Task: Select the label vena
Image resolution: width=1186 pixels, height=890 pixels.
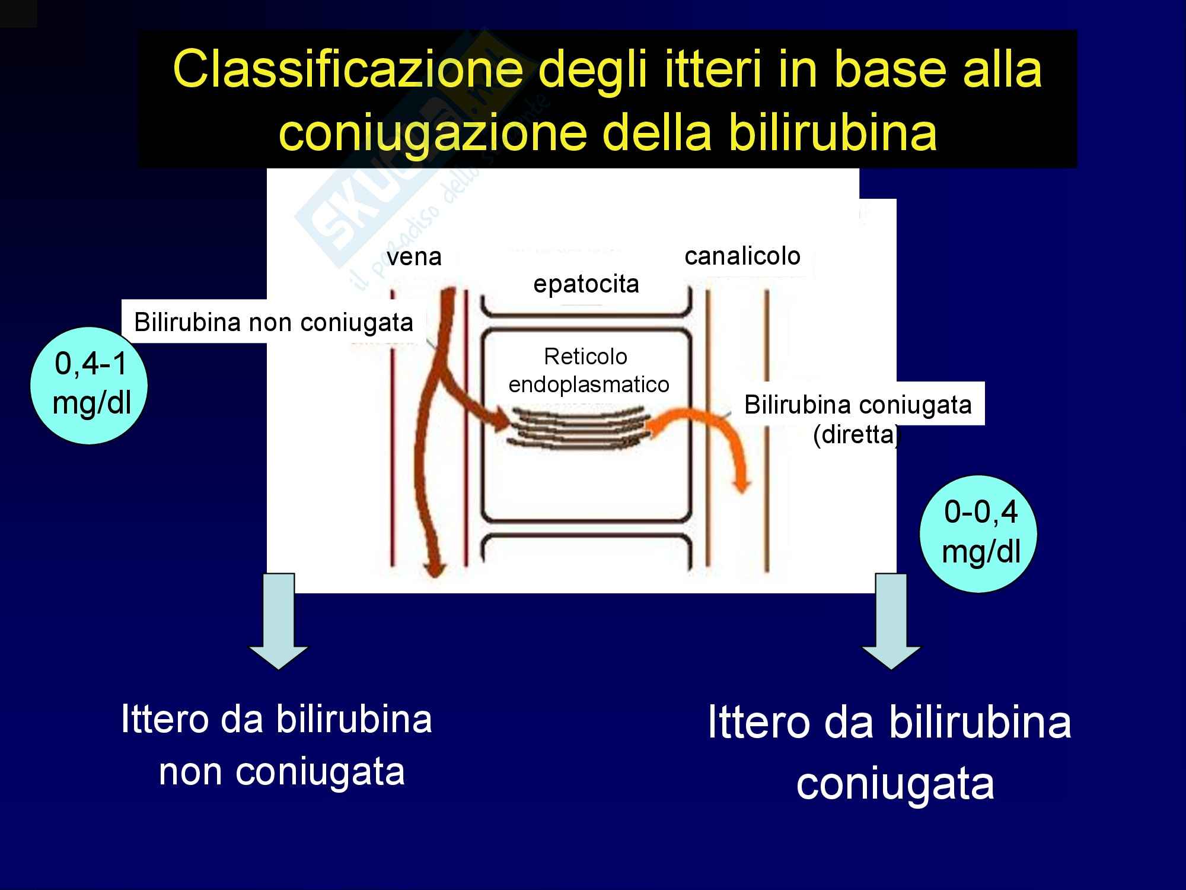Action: coord(414,257)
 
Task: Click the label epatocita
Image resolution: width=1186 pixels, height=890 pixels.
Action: coord(586,284)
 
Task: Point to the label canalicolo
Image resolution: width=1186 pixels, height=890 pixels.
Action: coord(742,256)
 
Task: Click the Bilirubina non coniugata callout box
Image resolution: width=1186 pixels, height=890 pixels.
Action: coord(273,322)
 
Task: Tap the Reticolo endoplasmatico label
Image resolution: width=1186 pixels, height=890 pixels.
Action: coord(588,370)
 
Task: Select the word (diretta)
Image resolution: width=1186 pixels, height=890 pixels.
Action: coord(856,435)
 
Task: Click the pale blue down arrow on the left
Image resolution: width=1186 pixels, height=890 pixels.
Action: coord(278,621)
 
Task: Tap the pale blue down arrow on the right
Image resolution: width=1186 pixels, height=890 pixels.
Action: coord(891,621)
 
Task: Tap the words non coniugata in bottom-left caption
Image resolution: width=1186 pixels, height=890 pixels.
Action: coord(282,772)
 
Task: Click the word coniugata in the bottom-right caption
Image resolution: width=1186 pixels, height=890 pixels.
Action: coord(895,783)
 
